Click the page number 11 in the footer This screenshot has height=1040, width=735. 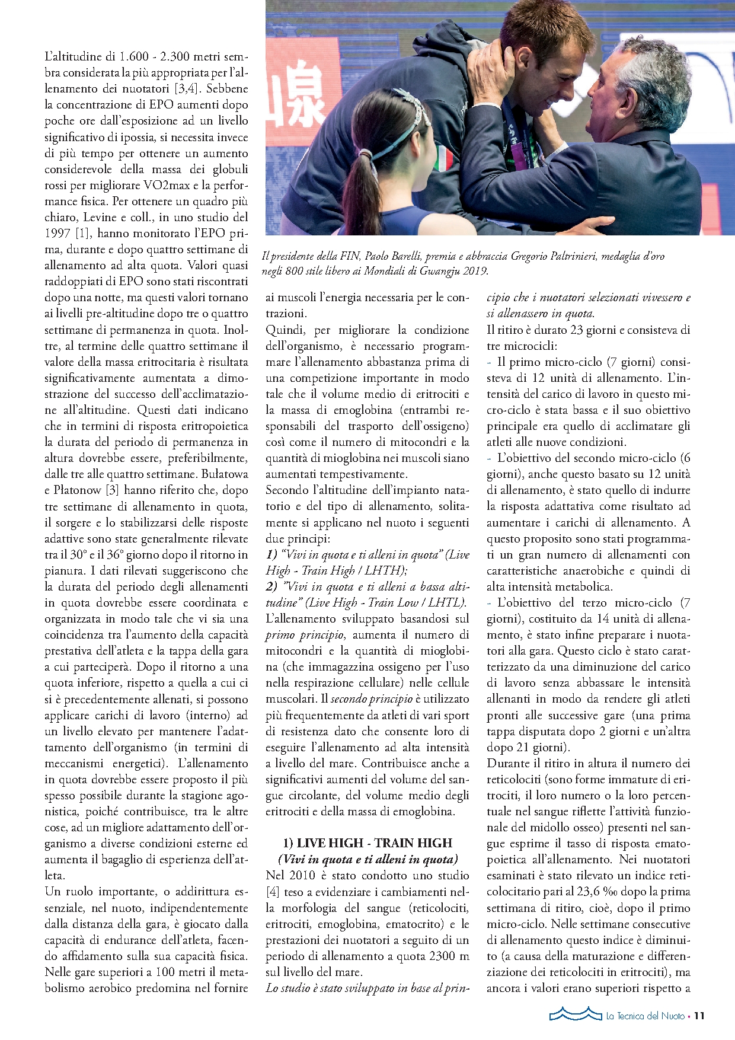(x=699, y=1016)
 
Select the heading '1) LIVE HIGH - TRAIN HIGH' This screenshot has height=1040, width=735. (x=367, y=843)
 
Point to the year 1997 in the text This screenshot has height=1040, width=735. (x=57, y=234)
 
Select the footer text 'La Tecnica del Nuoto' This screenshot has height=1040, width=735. (x=645, y=1016)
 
